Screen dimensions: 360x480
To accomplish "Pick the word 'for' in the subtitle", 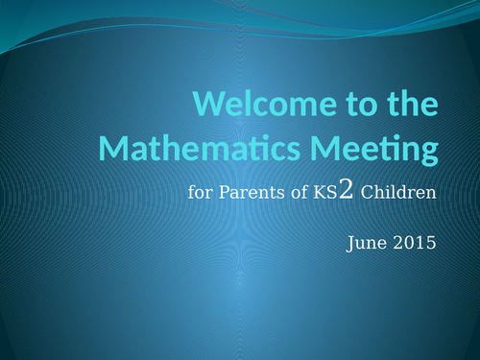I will pos(199,193).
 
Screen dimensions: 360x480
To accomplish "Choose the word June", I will pos(364,243).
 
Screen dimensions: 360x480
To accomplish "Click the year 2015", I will pos(414,243).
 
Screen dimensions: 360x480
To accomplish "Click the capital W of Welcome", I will pos(210,105).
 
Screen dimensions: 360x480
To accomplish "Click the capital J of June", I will pos(349,243).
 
